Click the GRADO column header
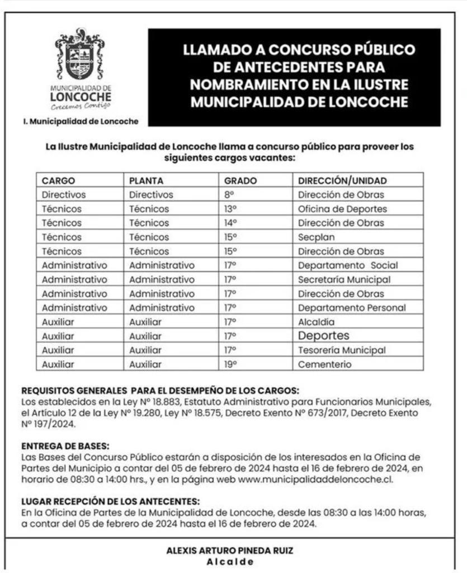pos(240,181)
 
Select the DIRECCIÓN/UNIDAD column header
pos(342,181)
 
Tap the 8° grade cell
pos(228,195)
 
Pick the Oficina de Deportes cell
pos(342,209)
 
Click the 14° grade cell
pos(230,223)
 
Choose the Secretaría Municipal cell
pos(344,279)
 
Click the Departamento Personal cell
pos(352,308)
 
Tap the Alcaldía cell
pos(316,322)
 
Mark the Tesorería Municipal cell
pos(342,350)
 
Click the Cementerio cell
pos(325,364)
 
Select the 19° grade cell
pos(230,364)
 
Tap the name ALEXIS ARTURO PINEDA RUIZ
pos(230,551)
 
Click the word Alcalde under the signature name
pos(230,562)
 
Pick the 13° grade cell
pos(230,209)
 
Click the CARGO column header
pos(58,181)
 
